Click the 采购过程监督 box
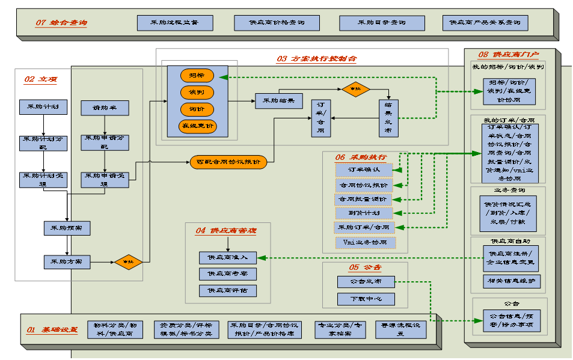(174, 23)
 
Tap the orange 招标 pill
(197, 76)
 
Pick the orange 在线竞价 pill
(197, 126)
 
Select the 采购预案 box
(67, 228)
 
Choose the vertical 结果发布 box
(389, 118)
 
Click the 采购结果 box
(278, 101)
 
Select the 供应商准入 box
(228, 257)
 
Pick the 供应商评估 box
(228, 291)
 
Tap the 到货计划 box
(364, 213)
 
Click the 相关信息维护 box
(511, 281)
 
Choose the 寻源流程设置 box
(400, 329)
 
